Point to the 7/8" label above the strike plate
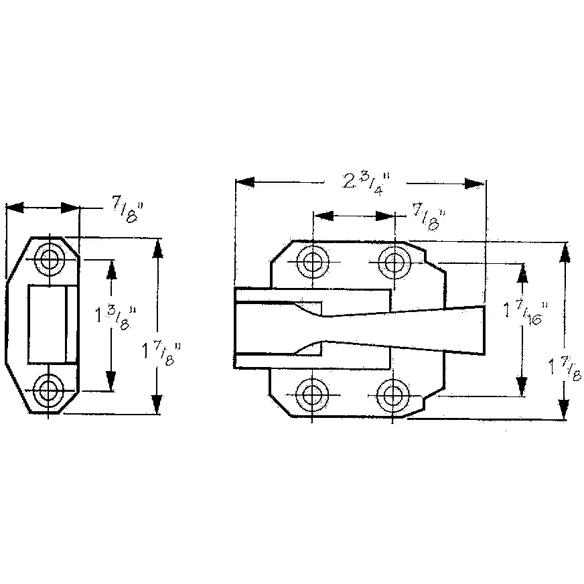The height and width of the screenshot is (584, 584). (127, 212)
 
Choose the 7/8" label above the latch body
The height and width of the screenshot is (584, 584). (429, 218)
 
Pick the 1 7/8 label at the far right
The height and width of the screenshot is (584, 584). (565, 368)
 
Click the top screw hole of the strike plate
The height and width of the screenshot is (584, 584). (49, 259)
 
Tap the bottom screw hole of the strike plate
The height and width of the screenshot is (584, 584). (48, 390)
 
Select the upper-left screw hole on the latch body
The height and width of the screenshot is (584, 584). (313, 261)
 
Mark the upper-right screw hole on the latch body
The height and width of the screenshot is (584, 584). (394, 263)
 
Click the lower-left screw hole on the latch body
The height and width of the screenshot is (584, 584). (312, 395)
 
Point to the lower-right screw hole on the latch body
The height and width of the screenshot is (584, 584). (392, 395)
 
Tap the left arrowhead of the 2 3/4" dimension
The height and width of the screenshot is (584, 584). (244, 182)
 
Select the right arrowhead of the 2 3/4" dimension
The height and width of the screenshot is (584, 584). (474, 184)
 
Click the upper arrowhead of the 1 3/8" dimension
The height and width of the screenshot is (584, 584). (111, 270)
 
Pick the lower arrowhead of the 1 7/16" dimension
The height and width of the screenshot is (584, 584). (522, 386)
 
